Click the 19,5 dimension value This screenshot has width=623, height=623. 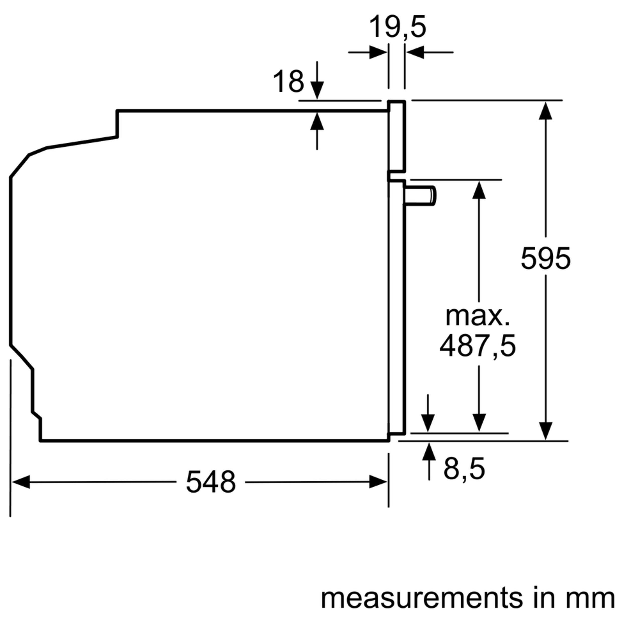point(397,27)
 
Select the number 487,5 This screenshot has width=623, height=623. point(477,346)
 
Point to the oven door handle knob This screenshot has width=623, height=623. point(421,195)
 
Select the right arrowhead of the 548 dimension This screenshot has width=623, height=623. point(378,482)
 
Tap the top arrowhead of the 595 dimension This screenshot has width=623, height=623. point(545,111)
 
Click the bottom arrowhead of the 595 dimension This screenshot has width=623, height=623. point(545,431)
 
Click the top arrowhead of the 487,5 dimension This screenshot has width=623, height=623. point(479,190)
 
